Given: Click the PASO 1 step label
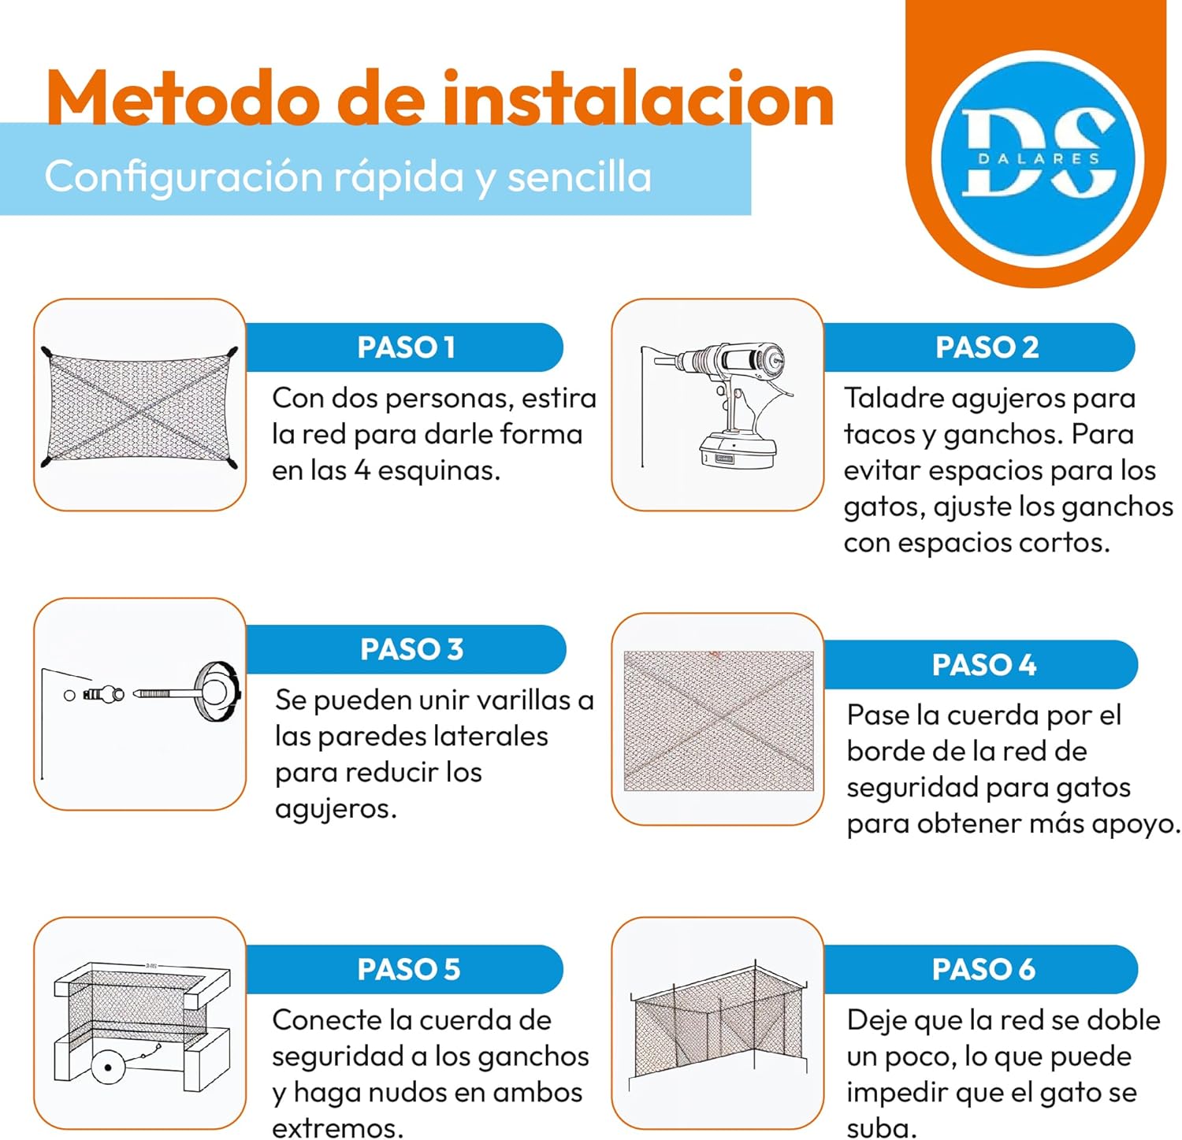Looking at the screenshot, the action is [406, 347].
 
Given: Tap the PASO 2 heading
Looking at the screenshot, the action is [987, 347].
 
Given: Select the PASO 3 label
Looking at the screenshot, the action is [411, 649].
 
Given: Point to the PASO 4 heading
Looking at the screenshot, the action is [984, 665].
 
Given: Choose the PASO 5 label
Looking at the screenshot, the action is [408, 969].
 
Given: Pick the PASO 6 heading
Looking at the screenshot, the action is [983, 969].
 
